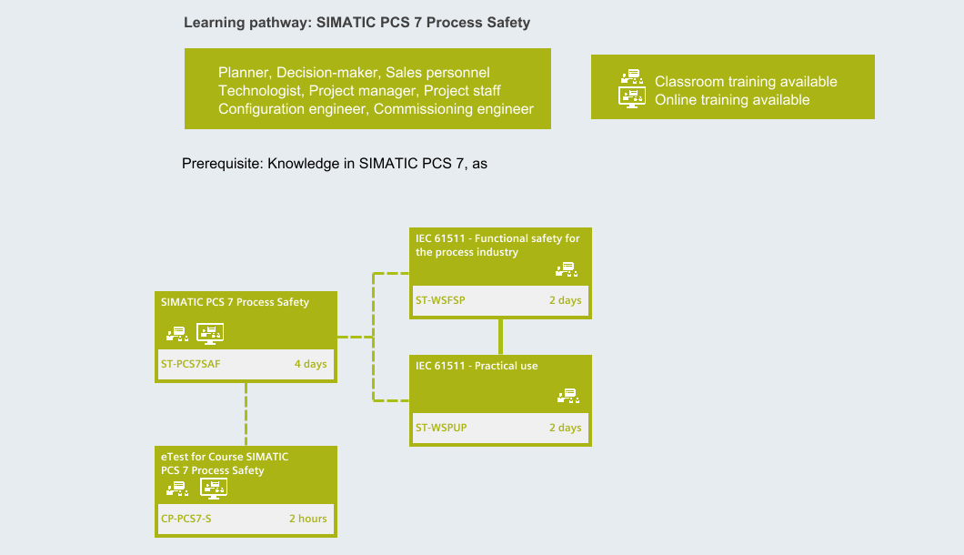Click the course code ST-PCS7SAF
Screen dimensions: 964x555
tap(191, 364)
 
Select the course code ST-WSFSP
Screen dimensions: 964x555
tap(440, 300)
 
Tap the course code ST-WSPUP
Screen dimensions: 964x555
tap(441, 428)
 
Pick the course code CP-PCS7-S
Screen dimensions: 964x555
tap(186, 519)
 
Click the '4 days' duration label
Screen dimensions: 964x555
tap(310, 364)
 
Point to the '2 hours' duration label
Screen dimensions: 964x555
tap(308, 519)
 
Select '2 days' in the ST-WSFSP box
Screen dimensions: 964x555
tap(565, 300)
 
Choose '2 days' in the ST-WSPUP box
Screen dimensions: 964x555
tap(565, 428)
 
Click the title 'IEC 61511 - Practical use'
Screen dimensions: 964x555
tap(477, 366)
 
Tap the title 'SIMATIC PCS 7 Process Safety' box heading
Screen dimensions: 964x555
tap(235, 302)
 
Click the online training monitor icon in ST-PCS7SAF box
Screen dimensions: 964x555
tap(210, 334)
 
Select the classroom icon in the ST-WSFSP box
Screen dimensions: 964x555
tap(567, 269)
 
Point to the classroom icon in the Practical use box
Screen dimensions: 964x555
tap(568, 396)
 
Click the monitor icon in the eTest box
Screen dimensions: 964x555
tap(214, 489)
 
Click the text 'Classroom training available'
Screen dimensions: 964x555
tap(746, 82)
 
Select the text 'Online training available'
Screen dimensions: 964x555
tap(732, 100)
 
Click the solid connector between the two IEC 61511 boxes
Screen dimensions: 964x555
tap(501, 337)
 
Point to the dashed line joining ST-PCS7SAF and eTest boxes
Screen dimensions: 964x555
tap(246, 414)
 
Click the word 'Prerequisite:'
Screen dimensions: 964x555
tap(223, 164)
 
